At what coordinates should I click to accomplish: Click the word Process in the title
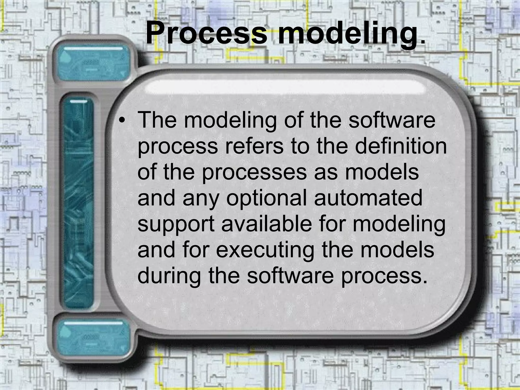click(206, 33)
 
